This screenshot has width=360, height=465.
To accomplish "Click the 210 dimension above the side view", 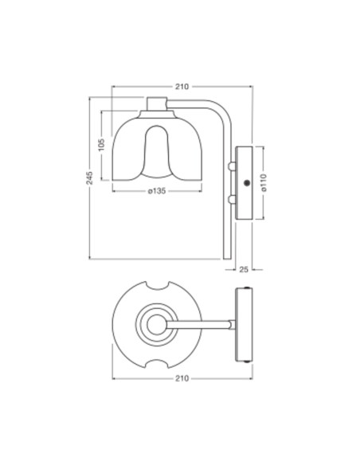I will (182, 86).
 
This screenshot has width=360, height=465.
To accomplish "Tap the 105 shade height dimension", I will (102, 144).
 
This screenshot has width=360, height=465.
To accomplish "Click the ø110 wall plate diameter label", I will (263, 183).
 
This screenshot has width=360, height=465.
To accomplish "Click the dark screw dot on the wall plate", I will (247, 184).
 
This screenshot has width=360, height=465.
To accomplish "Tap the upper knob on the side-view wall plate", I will (231, 168).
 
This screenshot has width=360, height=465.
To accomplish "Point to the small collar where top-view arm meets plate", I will (233, 324).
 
